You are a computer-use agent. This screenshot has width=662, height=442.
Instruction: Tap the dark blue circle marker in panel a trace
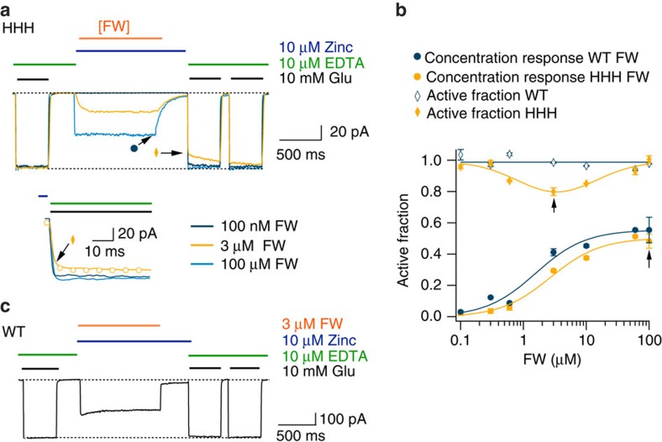tap(134, 149)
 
